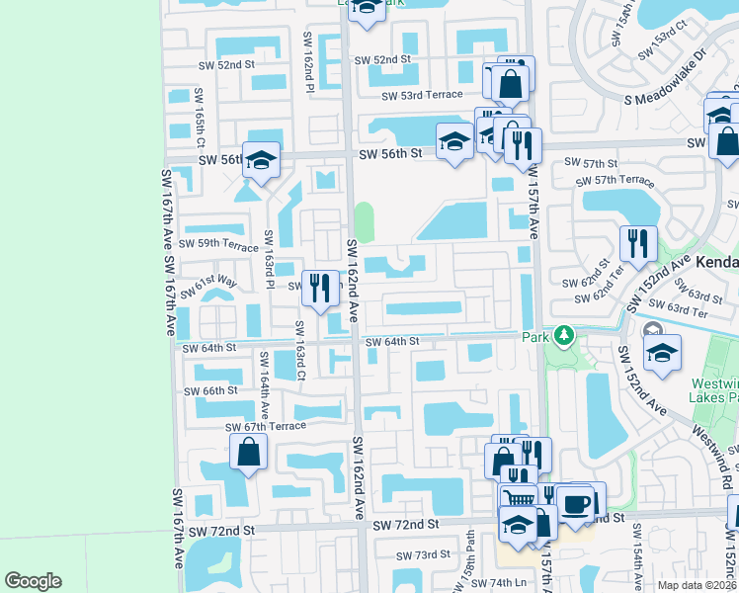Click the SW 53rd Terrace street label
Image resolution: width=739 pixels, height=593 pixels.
[423, 94]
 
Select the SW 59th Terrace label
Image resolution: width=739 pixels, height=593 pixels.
[217, 243]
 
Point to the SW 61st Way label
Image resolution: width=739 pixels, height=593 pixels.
[216, 288]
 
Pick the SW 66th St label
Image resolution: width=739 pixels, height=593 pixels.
[206, 390]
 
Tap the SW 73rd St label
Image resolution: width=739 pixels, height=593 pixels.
[422, 555]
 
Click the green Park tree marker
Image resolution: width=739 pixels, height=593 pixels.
[563, 336]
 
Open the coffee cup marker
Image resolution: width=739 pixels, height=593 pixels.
[577, 503]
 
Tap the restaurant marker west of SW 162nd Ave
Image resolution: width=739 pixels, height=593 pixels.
[319, 289]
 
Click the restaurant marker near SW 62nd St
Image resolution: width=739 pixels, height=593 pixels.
[638, 242]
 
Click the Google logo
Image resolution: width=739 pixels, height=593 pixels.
[34, 580]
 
